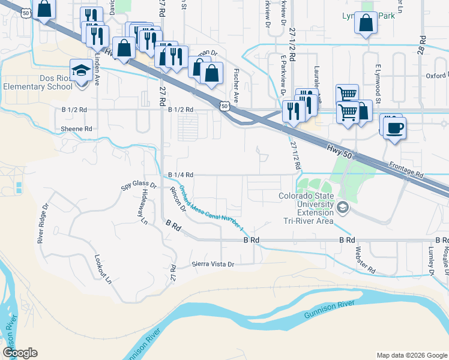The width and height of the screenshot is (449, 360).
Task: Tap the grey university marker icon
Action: (343, 208)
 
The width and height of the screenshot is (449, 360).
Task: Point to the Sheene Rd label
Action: (76, 129)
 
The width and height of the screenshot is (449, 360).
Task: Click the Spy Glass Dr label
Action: (139, 187)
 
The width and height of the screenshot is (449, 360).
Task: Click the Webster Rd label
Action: (364, 259)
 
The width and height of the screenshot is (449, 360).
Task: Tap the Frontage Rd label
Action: (406, 170)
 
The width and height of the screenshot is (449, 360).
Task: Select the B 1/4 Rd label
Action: (180, 175)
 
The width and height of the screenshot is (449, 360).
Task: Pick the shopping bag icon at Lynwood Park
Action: (365, 25)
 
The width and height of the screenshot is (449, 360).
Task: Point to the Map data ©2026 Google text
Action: (411, 355)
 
